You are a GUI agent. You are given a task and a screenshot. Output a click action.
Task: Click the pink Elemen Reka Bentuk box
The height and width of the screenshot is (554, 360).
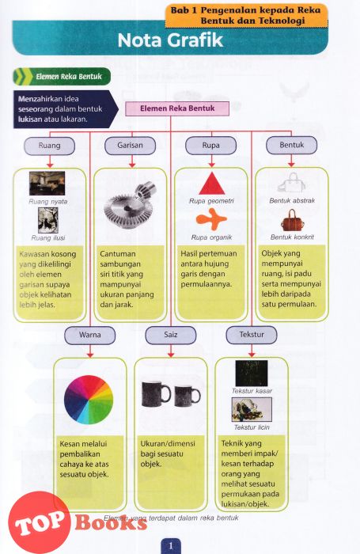(x=177, y=108)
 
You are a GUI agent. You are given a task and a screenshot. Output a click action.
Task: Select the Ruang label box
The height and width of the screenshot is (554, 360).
(x=50, y=146)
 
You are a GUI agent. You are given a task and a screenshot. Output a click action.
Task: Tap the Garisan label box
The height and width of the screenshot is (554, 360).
(x=130, y=145)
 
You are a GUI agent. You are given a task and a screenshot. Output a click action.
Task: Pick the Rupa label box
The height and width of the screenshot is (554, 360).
(x=211, y=145)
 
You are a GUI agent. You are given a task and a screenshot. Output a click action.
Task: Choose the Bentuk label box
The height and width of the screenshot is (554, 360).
(x=291, y=145)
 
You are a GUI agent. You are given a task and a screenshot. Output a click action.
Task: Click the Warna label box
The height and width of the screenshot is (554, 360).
(x=89, y=335)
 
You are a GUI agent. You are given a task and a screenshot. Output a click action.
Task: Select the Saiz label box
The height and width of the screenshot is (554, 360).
(x=171, y=335)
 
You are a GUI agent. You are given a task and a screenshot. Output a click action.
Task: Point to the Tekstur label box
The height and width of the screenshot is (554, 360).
(x=252, y=335)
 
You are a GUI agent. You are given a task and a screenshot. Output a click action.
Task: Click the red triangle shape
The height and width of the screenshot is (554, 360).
(x=211, y=185)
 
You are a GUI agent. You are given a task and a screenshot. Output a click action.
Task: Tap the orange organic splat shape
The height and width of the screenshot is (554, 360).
(x=211, y=219)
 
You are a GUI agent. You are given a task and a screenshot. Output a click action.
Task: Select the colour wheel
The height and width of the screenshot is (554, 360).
(x=89, y=399)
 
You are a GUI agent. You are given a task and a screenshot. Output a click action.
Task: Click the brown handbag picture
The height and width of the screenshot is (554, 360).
(x=293, y=221)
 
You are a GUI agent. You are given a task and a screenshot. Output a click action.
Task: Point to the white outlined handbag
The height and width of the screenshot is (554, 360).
(x=292, y=183)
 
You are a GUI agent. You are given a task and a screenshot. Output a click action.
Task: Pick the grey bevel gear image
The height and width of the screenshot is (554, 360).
(x=130, y=207)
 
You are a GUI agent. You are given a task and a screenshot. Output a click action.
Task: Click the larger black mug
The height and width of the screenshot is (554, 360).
(x=156, y=393)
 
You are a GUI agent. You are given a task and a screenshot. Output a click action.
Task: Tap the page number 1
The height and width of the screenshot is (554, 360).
(x=171, y=546)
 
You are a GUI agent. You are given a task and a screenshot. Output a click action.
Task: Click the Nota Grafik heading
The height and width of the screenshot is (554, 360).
(x=170, y=40)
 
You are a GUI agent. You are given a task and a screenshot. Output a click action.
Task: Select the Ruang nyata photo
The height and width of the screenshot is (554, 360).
(x=47, y=184)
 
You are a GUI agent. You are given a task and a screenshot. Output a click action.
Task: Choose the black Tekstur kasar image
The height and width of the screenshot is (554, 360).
(x=252, y=373)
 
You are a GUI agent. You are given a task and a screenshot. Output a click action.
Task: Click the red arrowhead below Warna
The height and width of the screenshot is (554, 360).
(x=89, y=355)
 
